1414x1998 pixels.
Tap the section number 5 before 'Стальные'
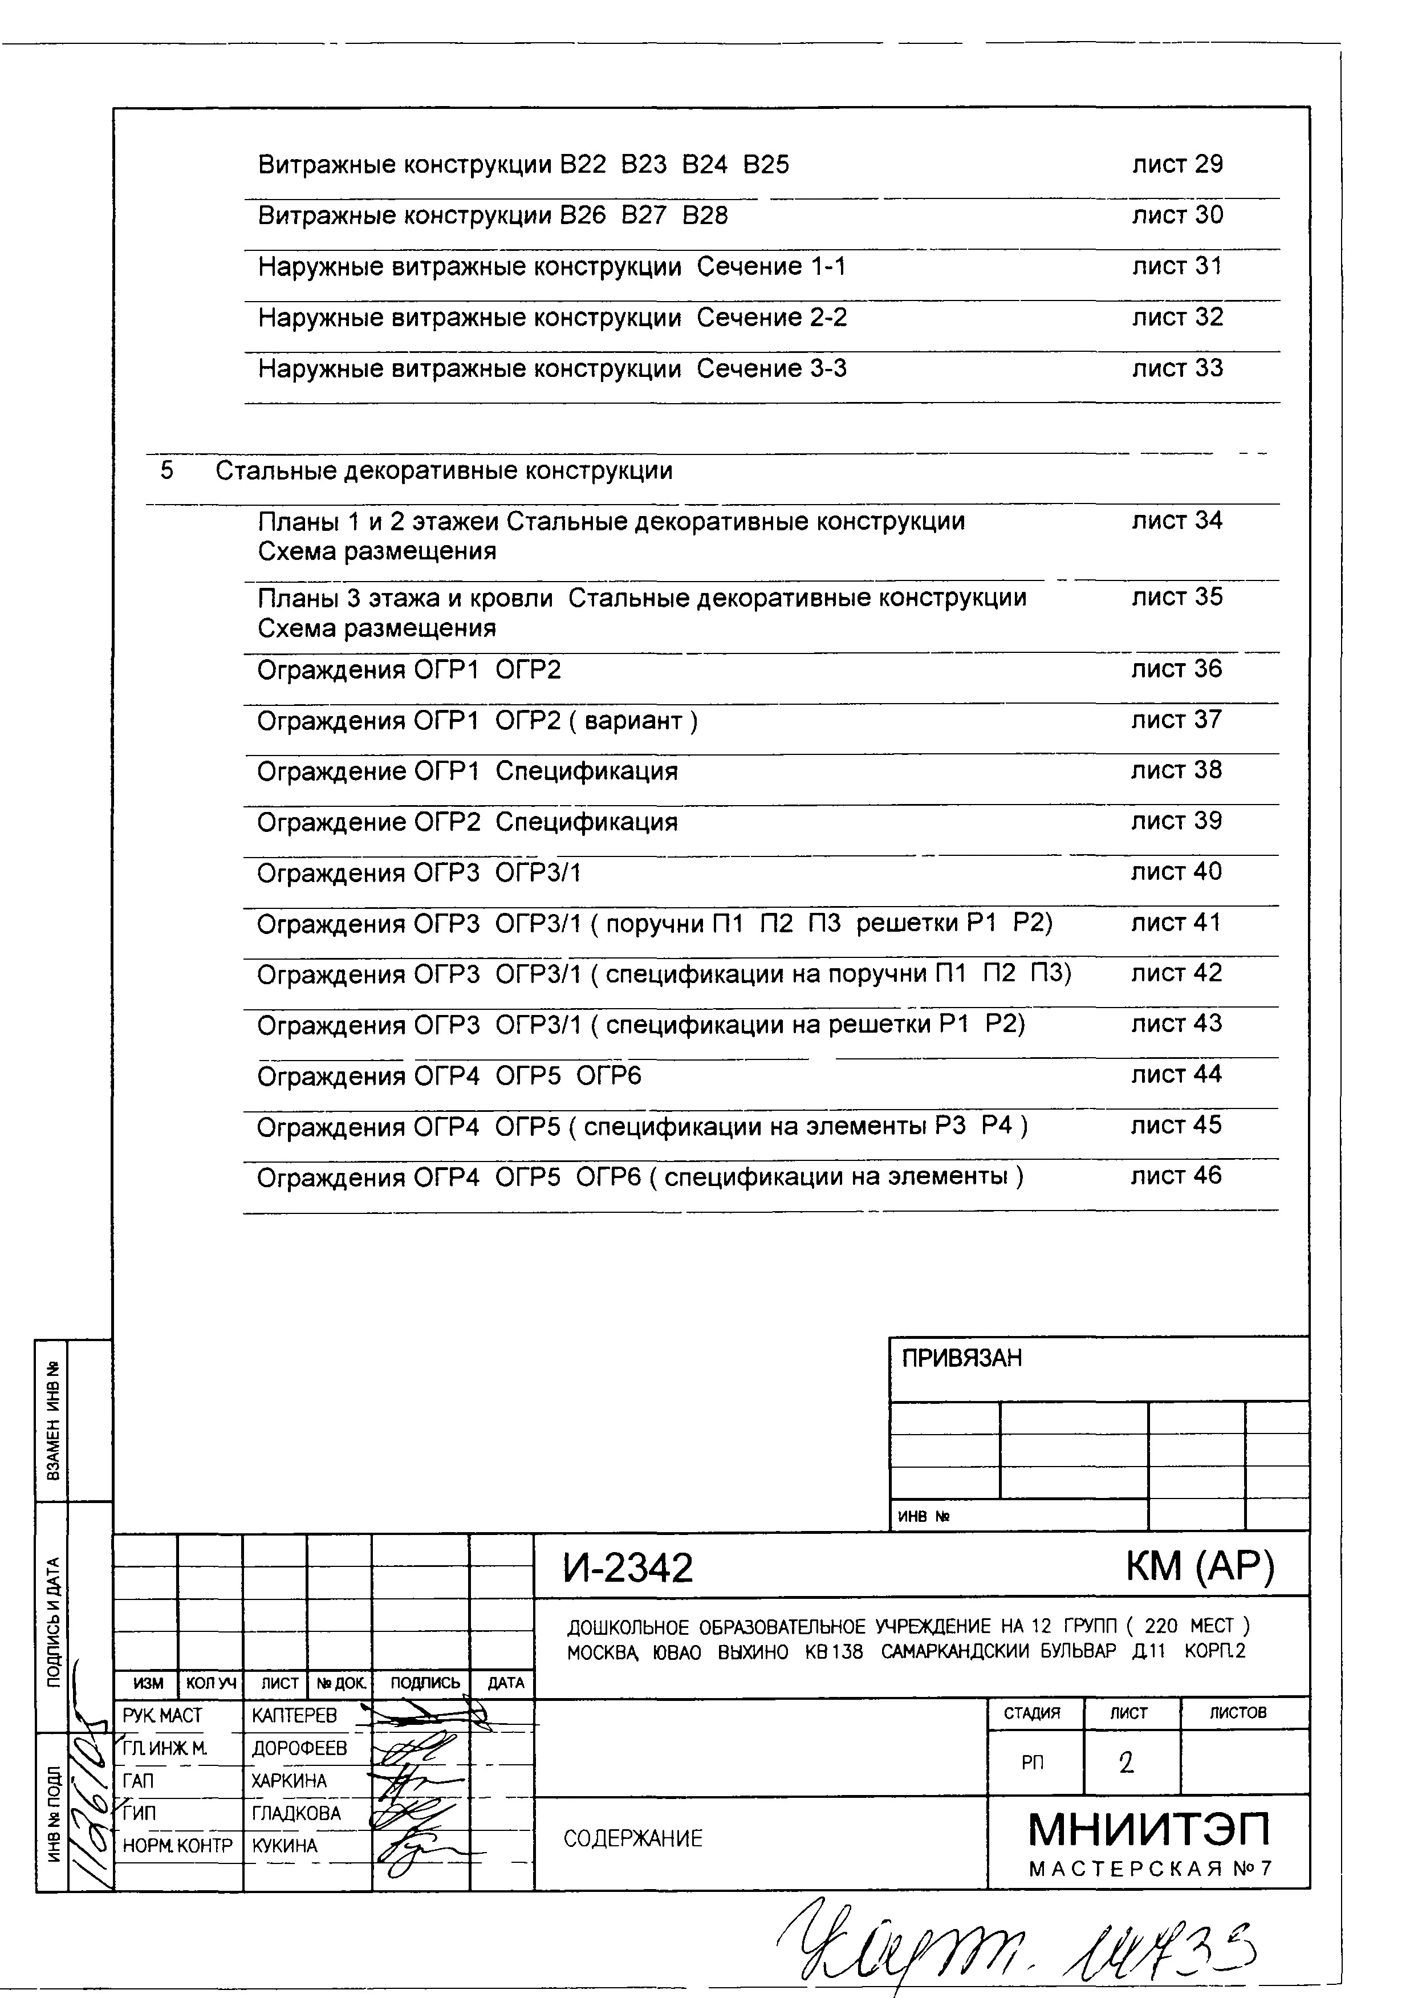click(x=166, y=471)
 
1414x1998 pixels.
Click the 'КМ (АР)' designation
click(x=1199, y=1566)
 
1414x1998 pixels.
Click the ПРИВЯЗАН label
click(x=961, y=1358)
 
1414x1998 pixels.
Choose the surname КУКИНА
click(x=285, y=1846)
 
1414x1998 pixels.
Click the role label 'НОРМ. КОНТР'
click(x=178, y=1846)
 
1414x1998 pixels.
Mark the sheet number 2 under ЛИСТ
click(x=1127, y=1764)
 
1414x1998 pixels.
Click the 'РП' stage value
click(x=1033, y=1764)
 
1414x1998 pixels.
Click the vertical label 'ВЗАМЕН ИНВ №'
click(x=53, y=1421)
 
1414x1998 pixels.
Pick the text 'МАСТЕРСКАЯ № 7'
click(x=1149, y=1869)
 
